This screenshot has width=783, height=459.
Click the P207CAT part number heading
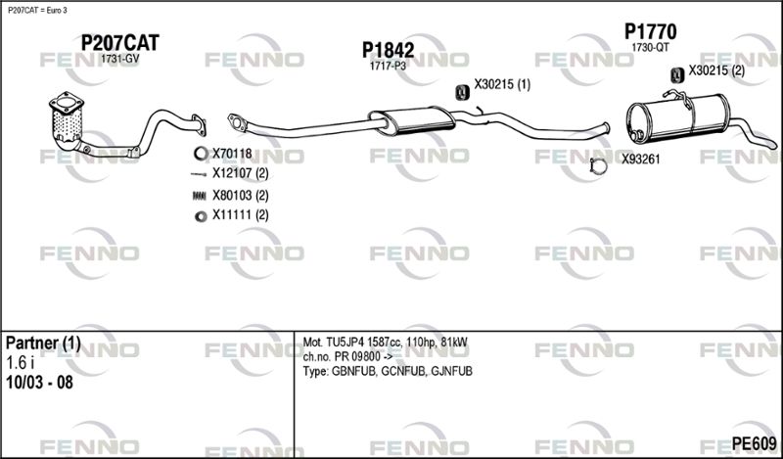pos(119,43)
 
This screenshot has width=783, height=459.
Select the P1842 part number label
pos(388,50)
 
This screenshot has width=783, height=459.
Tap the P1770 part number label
pos(650,32)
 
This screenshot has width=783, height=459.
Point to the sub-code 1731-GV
pos(119,59)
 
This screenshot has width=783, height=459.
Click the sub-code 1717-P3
pos(388,66)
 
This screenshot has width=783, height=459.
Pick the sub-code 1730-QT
pos(650,47)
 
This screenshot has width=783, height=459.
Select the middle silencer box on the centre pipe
pos(412,120)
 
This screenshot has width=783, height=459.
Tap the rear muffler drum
pos(677,118)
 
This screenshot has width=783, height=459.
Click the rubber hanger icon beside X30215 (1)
pos(462,92)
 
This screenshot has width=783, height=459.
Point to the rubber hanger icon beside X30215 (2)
pos(677,74)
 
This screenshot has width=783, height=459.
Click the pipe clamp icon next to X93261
pos(599,165)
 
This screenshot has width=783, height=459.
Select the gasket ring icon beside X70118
pos(201,154)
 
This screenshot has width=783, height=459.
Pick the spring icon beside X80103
pos(200,196)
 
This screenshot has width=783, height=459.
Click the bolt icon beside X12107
pos(199,174)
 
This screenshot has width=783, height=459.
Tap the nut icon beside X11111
pos(201,216)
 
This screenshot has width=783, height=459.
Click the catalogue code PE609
pos(754,443)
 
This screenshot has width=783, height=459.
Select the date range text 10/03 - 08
pos(39,383)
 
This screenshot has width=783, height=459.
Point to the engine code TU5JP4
pos(345,343)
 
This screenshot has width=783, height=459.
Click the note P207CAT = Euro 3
pos(37,11)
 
